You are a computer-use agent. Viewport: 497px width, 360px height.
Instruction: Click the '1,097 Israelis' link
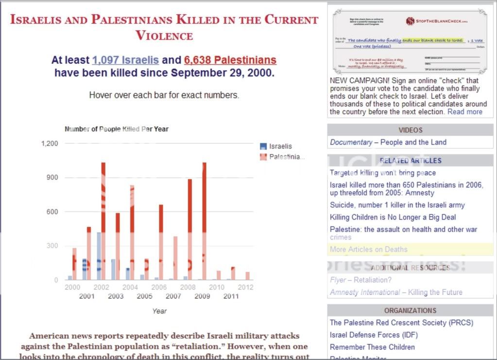125,60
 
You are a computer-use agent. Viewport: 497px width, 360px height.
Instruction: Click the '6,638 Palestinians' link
230,60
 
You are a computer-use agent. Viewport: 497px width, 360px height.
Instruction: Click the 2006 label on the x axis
159,287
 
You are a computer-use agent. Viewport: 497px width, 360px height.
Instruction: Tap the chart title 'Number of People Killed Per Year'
117,129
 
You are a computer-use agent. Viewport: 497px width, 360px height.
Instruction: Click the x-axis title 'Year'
159,311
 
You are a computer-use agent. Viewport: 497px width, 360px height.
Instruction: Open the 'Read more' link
465,112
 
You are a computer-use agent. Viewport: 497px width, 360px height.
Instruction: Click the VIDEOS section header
411,130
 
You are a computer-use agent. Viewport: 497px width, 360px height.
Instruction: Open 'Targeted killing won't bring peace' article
383,173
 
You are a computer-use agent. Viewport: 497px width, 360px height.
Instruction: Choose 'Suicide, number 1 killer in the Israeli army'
397,205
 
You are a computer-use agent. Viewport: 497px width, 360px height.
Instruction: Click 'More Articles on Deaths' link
369,250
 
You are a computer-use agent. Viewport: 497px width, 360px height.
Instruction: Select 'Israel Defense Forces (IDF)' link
374,335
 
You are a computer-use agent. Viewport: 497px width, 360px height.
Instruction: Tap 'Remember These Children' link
372,347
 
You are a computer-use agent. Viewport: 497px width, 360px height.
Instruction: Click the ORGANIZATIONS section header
411,310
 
